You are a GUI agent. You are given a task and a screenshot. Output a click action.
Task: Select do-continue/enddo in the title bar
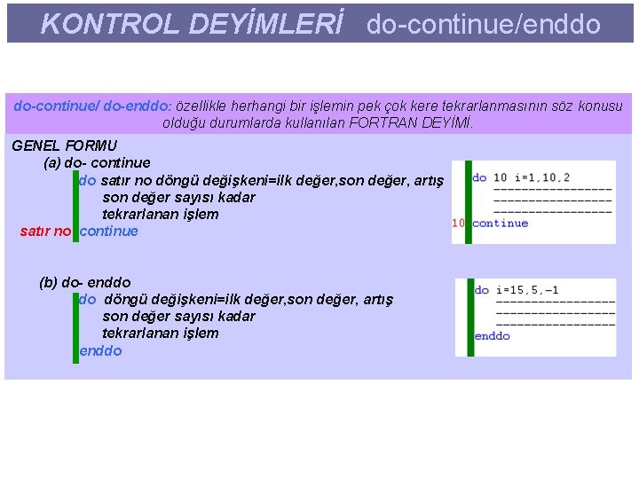[x=484, y=24]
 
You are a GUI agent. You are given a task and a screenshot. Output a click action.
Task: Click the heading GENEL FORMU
[x=65, y=145]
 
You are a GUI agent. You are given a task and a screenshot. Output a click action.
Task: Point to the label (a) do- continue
[x=97, y=163]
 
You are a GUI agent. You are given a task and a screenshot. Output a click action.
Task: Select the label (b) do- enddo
[x=85, y=282]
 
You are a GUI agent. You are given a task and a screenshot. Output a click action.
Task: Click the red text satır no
[x=45, y=232]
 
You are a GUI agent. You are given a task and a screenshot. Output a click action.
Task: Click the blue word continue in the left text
[x=109, y=232]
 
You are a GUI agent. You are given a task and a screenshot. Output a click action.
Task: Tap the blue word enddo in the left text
[x=100, y=350]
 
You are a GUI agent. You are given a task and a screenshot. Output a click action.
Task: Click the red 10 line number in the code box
[x=459, y=224]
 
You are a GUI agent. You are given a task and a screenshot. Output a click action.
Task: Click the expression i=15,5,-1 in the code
[x=528, y=290]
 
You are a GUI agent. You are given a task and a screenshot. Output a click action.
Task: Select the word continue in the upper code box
[x=501, y=224]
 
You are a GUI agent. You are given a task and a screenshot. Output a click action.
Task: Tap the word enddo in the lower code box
[x=493, y=336]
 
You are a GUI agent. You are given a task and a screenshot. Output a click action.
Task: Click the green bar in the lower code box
[x=470, y=315]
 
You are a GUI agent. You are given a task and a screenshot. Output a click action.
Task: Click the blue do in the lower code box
[x=482, y=290]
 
